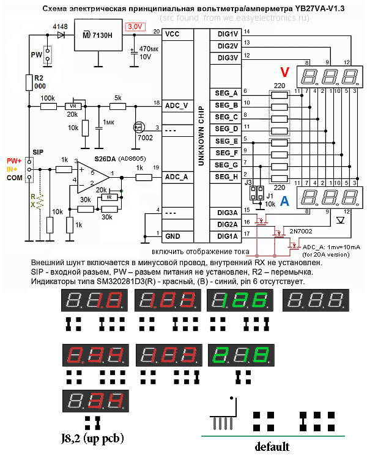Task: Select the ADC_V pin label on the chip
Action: (x=176, y=105)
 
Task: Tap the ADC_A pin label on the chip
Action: (x=177, y=177)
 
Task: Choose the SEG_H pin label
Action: (x=226, y=177)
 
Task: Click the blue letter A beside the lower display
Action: (x=284, y=202)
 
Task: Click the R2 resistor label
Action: (x=39, y=78)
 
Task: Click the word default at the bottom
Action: (x=272, y=445)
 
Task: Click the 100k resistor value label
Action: (x=48, y=98)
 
